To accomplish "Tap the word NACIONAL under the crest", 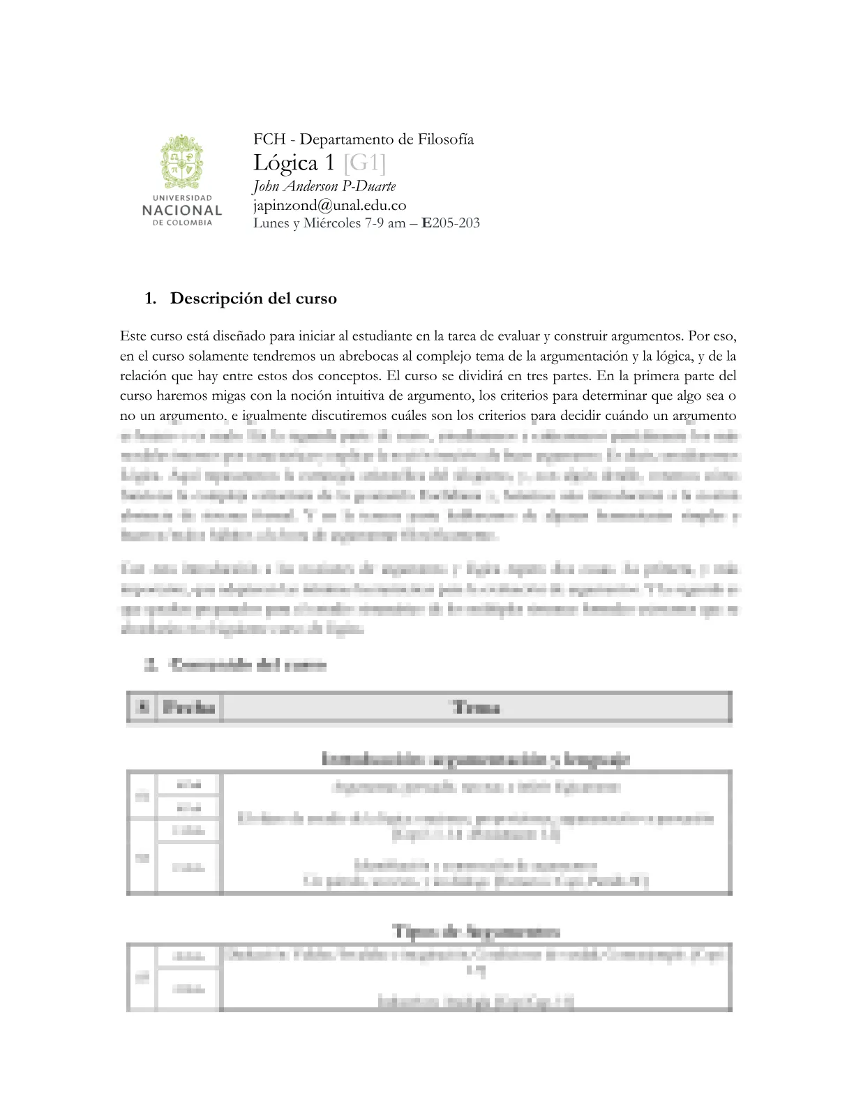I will click(182, 210).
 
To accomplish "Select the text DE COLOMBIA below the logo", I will click(182, 223).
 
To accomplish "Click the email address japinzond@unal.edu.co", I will click(329, 205).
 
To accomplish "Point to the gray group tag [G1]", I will click(364, 163).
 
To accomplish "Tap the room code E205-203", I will click(451, 223).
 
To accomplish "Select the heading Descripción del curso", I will click(253, 299).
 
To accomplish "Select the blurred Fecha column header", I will click(188, 707).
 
